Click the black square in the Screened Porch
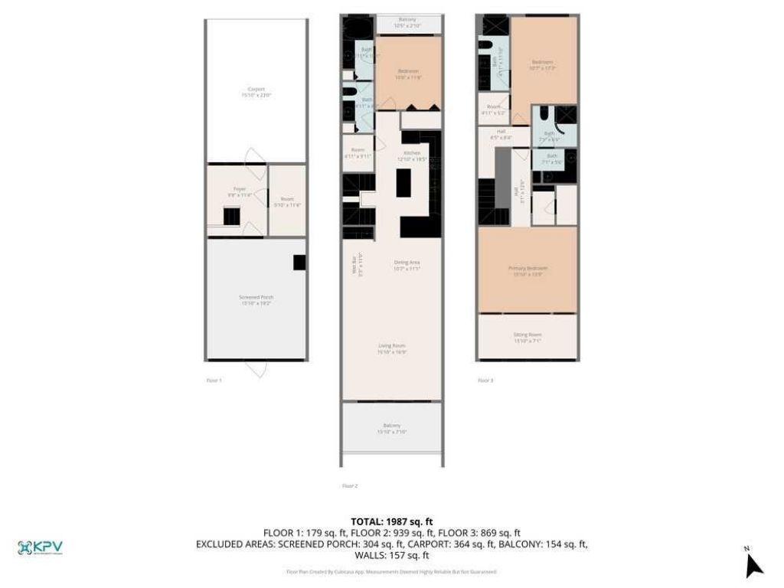[299, 263]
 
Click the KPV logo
[40, 547]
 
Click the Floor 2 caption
[350, 485]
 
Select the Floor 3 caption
[485, 380]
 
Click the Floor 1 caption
[214, 380]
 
